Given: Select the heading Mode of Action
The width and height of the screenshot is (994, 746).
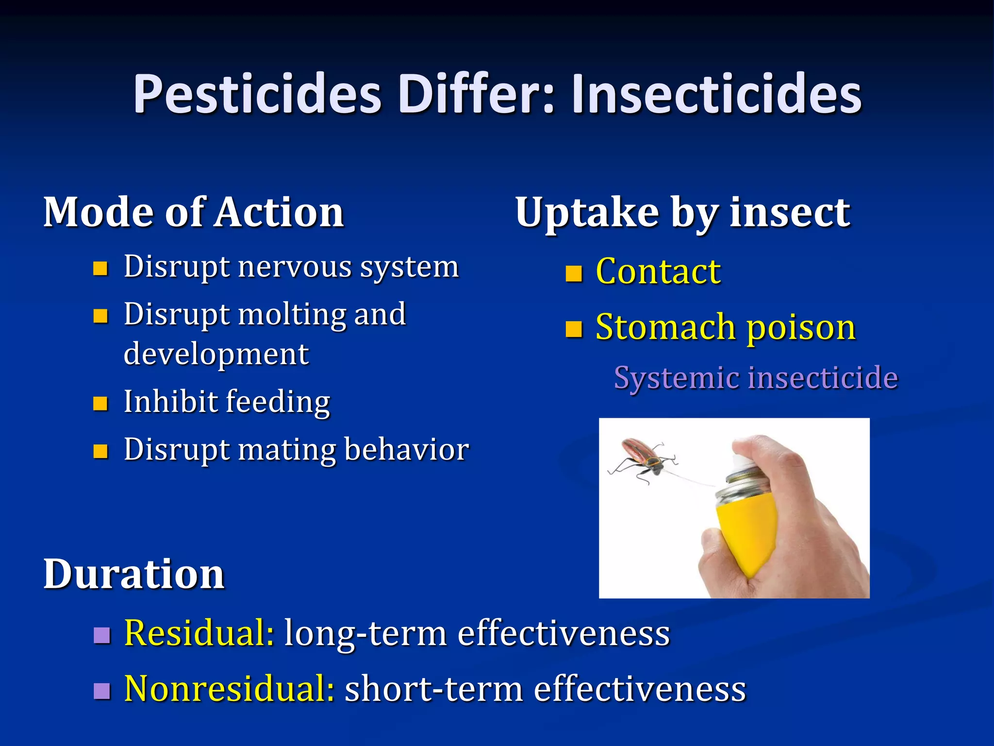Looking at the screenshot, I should click(x=194, y=212).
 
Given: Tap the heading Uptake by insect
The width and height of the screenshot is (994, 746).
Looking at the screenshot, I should click(x=682, y=212).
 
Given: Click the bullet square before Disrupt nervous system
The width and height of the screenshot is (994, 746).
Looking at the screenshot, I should click(x=100, y=268).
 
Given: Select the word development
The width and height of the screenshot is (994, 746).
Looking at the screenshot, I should click(x=216, y=354).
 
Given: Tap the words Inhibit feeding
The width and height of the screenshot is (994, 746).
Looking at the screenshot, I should click(x=227, y=402).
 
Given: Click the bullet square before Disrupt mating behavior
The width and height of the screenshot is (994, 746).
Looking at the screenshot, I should click(x=100, y=451).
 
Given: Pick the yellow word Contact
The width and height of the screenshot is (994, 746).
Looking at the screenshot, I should click(x=658, y=271).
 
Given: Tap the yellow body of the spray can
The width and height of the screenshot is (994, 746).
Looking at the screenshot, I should click(x=747, y=529).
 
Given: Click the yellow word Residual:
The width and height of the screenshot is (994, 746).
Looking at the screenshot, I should click(x=199, y=633).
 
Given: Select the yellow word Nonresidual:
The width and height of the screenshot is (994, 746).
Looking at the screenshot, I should click(x=229, y=689).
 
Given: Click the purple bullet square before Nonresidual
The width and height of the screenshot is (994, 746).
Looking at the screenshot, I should click(x=102, y=690).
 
